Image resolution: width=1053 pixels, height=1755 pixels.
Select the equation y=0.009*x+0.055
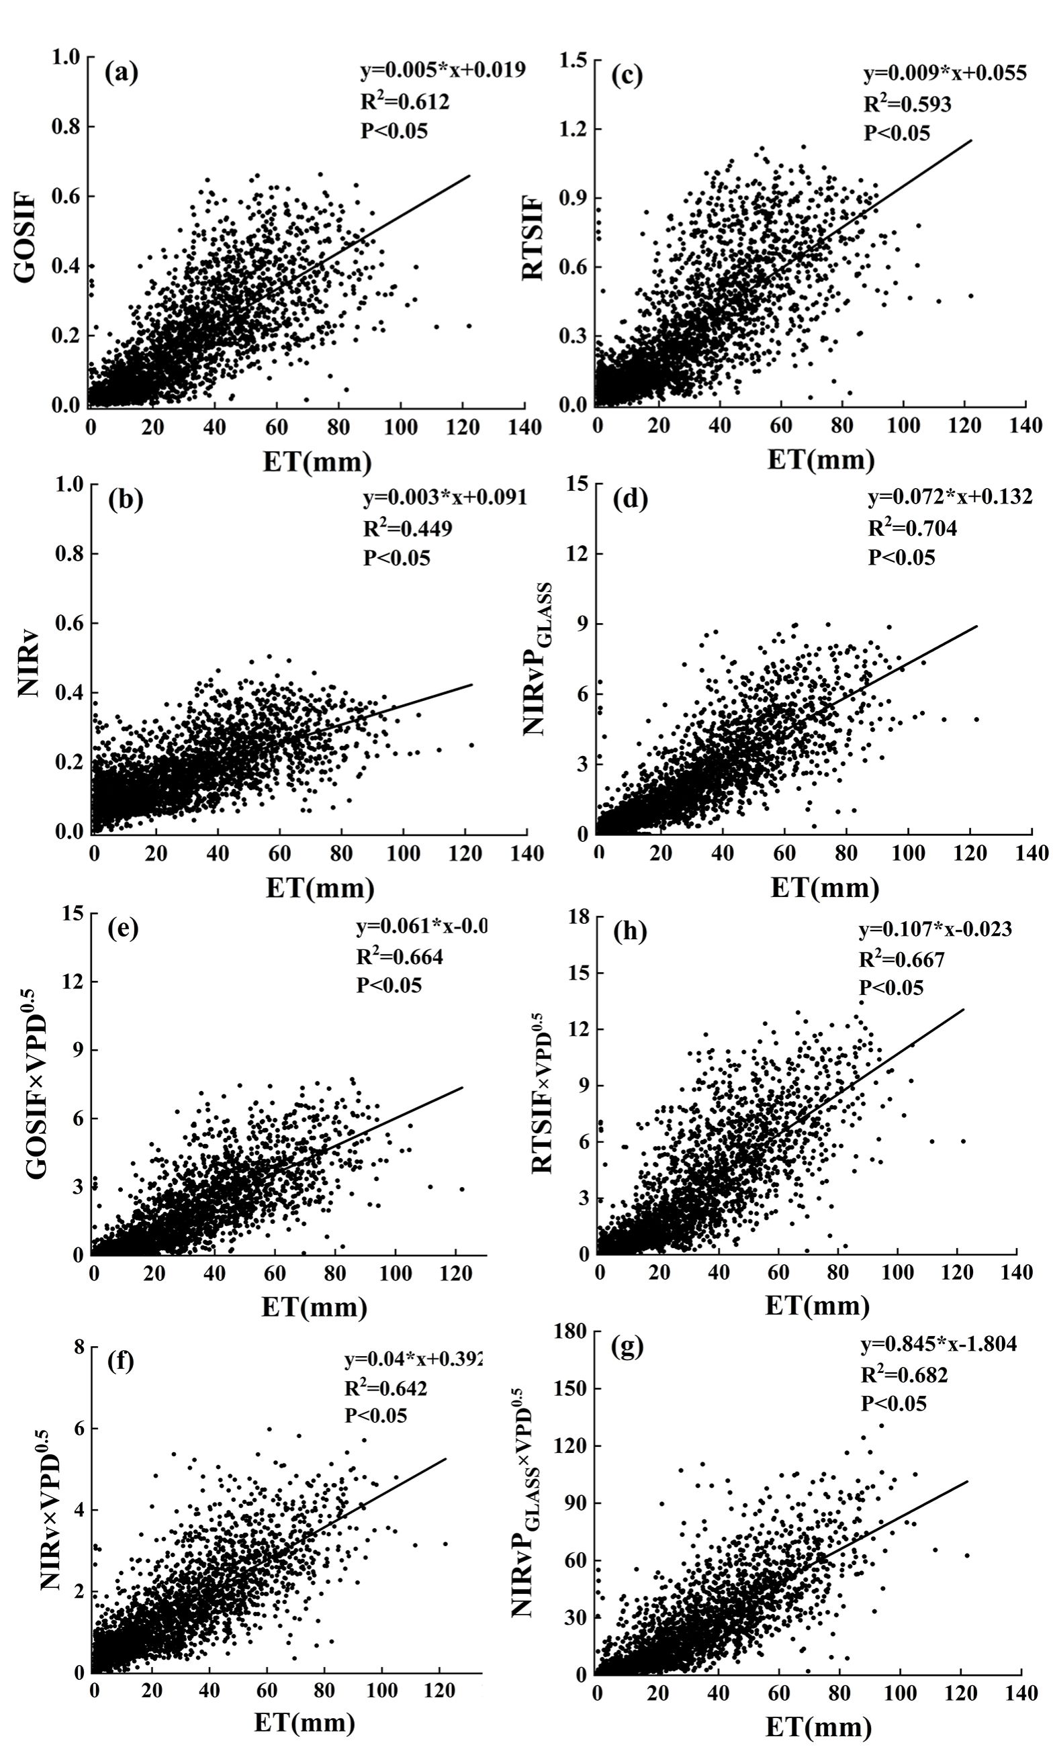[x=944, y=73]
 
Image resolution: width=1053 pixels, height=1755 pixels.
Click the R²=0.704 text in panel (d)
[x=913, y=528]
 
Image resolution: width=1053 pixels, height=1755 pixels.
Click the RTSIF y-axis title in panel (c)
[x=533, y=238]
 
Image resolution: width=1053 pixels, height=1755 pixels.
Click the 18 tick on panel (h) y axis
[x=578, y=916]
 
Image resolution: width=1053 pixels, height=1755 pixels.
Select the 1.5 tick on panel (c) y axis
[x=573, y=61]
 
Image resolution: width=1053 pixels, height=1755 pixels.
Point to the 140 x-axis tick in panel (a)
[x=524, y=426]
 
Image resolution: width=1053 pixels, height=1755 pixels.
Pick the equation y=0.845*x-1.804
[x=938, y=1343]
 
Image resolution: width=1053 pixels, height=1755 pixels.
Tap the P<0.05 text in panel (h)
[x=891, y=988]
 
